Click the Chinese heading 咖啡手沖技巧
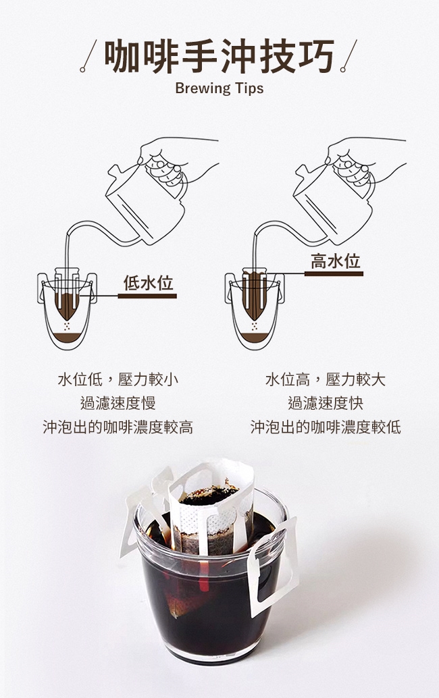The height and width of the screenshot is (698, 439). tap(219, 56)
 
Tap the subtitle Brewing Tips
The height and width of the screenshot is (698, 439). tap(219, 88)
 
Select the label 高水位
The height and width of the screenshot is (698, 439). tap(334, 261)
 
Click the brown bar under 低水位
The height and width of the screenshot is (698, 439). tap(147, 296)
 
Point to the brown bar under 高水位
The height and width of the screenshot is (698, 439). tap(334, 274)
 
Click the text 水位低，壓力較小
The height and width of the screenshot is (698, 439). tap(118, 379)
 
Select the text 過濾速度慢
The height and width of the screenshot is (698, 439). tap(118, 403)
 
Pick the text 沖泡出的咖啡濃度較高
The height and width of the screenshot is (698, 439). tap(118, 427)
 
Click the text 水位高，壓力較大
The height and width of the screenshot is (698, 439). tap(326, 379)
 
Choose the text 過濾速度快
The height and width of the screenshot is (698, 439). tap(326, 403)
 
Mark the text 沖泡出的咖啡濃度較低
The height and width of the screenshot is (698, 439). tap(326, 427)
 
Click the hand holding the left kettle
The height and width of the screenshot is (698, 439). tap(178, 159)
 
